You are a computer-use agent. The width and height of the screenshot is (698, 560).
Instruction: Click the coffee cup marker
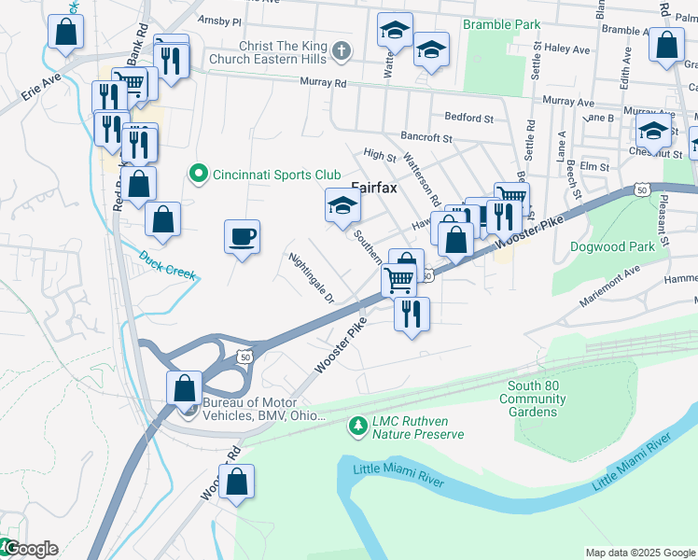click(243, 236)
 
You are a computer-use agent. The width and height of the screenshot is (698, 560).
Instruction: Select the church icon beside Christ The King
click(342, 50)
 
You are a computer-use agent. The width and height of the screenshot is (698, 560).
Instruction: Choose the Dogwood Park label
click(612, 247)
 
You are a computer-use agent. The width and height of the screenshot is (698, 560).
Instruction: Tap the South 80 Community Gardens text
click(533, 399)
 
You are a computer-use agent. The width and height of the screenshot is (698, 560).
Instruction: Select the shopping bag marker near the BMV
click(185, 386)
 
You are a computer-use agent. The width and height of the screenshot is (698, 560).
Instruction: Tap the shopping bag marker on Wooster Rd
click(238, 482)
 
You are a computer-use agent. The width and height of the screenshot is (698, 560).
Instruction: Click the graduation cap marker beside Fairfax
click(342, 205)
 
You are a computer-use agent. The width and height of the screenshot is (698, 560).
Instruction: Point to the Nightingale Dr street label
click(312, 279)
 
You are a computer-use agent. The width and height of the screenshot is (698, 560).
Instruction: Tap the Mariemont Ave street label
click(612, 276)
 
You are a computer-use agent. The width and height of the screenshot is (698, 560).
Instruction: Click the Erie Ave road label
click(42, 87)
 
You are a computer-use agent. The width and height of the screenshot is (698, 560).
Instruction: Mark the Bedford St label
click(468, 119)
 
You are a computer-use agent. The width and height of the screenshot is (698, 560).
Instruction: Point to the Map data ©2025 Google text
click(639, 553)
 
